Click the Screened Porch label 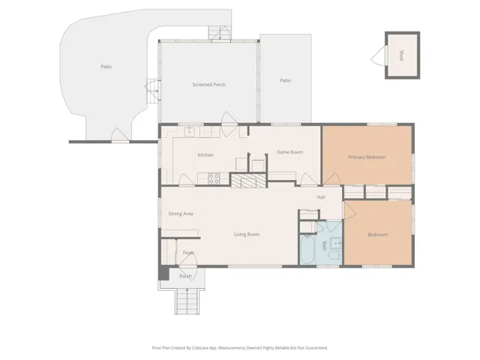208,85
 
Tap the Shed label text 402,55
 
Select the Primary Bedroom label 367,157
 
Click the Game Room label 290,151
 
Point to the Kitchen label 205,155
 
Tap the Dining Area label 181,214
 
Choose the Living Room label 247,234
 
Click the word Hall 321,197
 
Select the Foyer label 188,253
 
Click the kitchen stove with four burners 214,178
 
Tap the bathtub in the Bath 307,249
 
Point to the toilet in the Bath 334,255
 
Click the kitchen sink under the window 190,131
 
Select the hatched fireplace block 248,180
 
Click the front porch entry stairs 187,301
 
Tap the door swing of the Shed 379,55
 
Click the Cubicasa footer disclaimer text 240,348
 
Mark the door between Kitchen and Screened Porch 228,124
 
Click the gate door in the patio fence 120,135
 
